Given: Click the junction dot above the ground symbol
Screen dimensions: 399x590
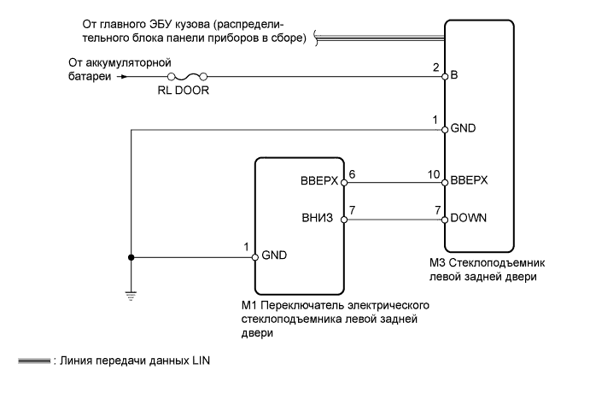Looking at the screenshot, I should [130, 257].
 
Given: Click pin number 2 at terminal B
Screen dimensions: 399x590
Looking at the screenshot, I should [435, 67].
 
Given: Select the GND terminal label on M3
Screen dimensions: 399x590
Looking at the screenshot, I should [464, 129].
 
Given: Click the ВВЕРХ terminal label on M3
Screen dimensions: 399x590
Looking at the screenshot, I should [470, 181].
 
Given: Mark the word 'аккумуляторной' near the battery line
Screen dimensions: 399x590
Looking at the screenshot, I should [134, 62].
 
